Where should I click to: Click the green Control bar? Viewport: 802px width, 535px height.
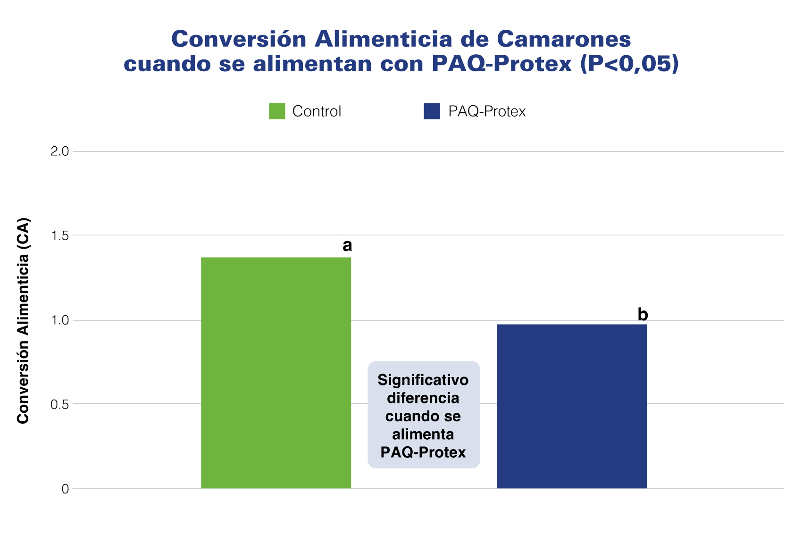click(x=276, y=373)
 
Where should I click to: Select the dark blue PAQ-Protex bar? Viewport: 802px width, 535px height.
click(x=571, y=406)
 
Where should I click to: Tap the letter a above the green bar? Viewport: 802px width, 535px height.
click(x=347, y=246)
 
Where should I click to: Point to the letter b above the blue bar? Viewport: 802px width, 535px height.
click(x=643, y=315)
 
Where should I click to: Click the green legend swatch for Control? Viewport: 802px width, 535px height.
click(x=277, y=111)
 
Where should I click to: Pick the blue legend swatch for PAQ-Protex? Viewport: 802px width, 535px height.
click(x=432, y=111)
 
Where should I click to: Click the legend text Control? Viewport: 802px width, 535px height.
click(x=317, y=111)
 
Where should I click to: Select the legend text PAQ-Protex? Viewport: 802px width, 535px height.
click(x=487, y=111)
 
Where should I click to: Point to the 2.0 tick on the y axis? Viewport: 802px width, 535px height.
click(x=59, y=151)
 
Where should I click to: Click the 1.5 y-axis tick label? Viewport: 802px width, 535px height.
click(x=59, y=235)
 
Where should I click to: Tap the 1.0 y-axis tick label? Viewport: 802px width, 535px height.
click(x=59, y=320)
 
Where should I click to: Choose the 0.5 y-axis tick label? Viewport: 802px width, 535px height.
click(x=59, y=404)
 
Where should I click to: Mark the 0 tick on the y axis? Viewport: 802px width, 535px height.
click(x=65, y=489)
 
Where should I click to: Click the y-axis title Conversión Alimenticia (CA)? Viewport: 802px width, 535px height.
click(x=23, y=321)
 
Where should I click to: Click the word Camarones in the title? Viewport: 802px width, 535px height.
click(x=564, y=39)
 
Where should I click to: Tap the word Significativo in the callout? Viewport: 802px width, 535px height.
click(x=423, y=380)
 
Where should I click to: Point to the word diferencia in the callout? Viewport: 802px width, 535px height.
click(x=423, y=398)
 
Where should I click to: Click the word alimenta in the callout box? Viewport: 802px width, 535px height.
click(x=423, y=435)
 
